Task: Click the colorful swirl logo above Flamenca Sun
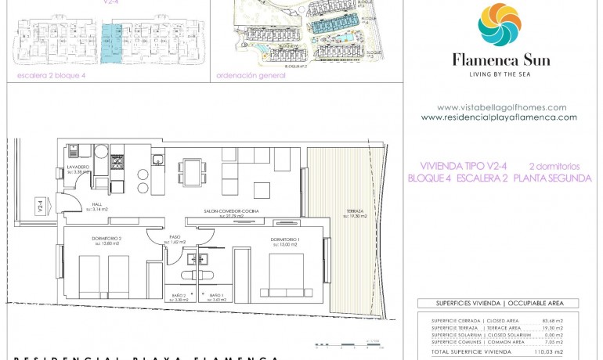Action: tap(500, 25)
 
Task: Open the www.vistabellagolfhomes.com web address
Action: tap(501, 107)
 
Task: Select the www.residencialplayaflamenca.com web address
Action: tap(499, 117)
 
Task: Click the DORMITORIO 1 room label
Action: tap(286, 239)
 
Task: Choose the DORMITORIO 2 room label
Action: tap(107, 239)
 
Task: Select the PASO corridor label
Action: tap(174, 239)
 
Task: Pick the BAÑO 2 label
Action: tap(179, 296)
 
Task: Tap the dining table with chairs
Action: tap(192, 171)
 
